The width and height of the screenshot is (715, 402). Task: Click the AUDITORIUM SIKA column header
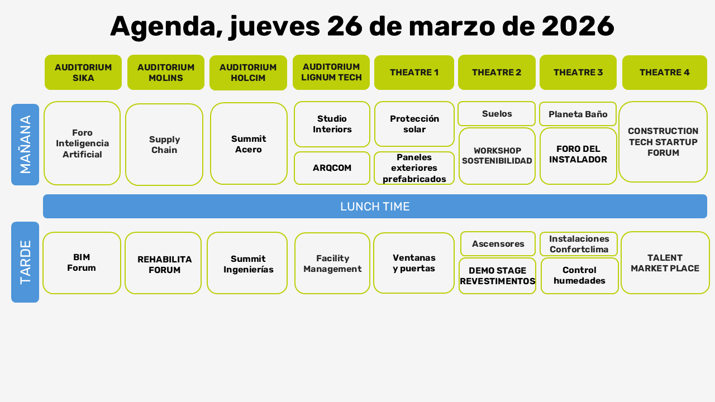83,73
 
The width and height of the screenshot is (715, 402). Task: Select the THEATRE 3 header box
578,73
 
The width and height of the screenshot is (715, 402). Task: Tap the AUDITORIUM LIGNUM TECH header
331,72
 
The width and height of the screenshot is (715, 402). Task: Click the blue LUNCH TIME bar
375,207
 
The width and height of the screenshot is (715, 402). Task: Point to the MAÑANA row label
25,145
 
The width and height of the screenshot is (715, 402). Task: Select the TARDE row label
25,262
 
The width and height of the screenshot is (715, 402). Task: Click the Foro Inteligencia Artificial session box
82,143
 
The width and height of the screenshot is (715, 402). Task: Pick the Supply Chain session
164,145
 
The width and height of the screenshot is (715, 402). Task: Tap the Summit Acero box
249,143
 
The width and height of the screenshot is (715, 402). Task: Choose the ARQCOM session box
332,168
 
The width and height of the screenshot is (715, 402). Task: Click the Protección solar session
414,124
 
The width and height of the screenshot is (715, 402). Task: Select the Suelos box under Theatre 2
497,114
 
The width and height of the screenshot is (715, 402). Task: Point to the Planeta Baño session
578,114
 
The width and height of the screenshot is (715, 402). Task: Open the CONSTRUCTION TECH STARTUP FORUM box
663,142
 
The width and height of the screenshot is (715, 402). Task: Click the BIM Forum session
82,263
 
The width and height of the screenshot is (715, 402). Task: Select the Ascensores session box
498,244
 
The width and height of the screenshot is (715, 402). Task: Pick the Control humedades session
579,276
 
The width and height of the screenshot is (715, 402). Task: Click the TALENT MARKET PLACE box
665,263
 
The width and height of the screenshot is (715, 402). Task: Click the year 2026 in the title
578,26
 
